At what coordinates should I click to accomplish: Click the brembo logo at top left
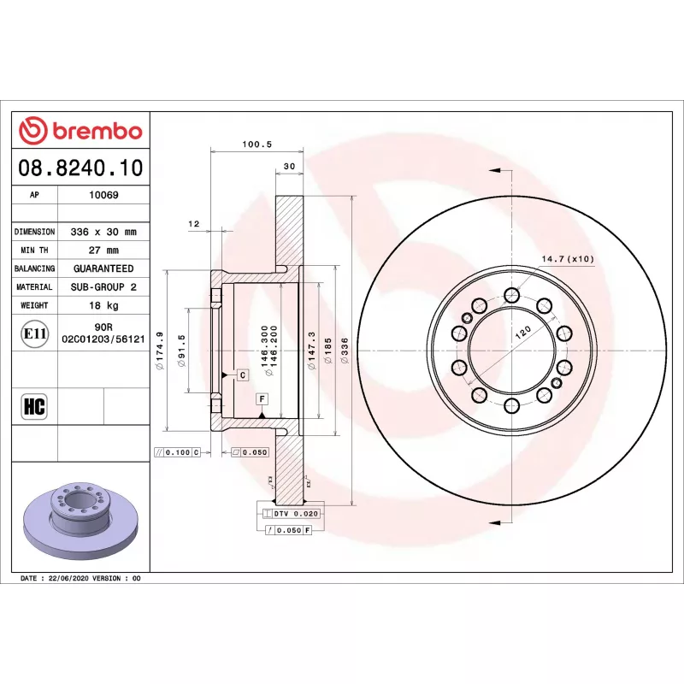pos(80,131)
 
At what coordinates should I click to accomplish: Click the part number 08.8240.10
pos(80,168)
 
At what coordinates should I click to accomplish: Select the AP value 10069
pos(103,195)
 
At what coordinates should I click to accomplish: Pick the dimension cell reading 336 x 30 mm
pos(103,232)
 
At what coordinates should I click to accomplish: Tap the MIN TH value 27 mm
pos(103,251)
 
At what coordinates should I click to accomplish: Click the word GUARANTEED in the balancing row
pos(103,268)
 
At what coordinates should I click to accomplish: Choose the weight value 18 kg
pos(103,305)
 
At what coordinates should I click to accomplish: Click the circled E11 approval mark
pos(35,333)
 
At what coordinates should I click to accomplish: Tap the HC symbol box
pos(34,406)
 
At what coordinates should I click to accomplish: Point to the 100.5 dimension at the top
pos(257,144)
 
